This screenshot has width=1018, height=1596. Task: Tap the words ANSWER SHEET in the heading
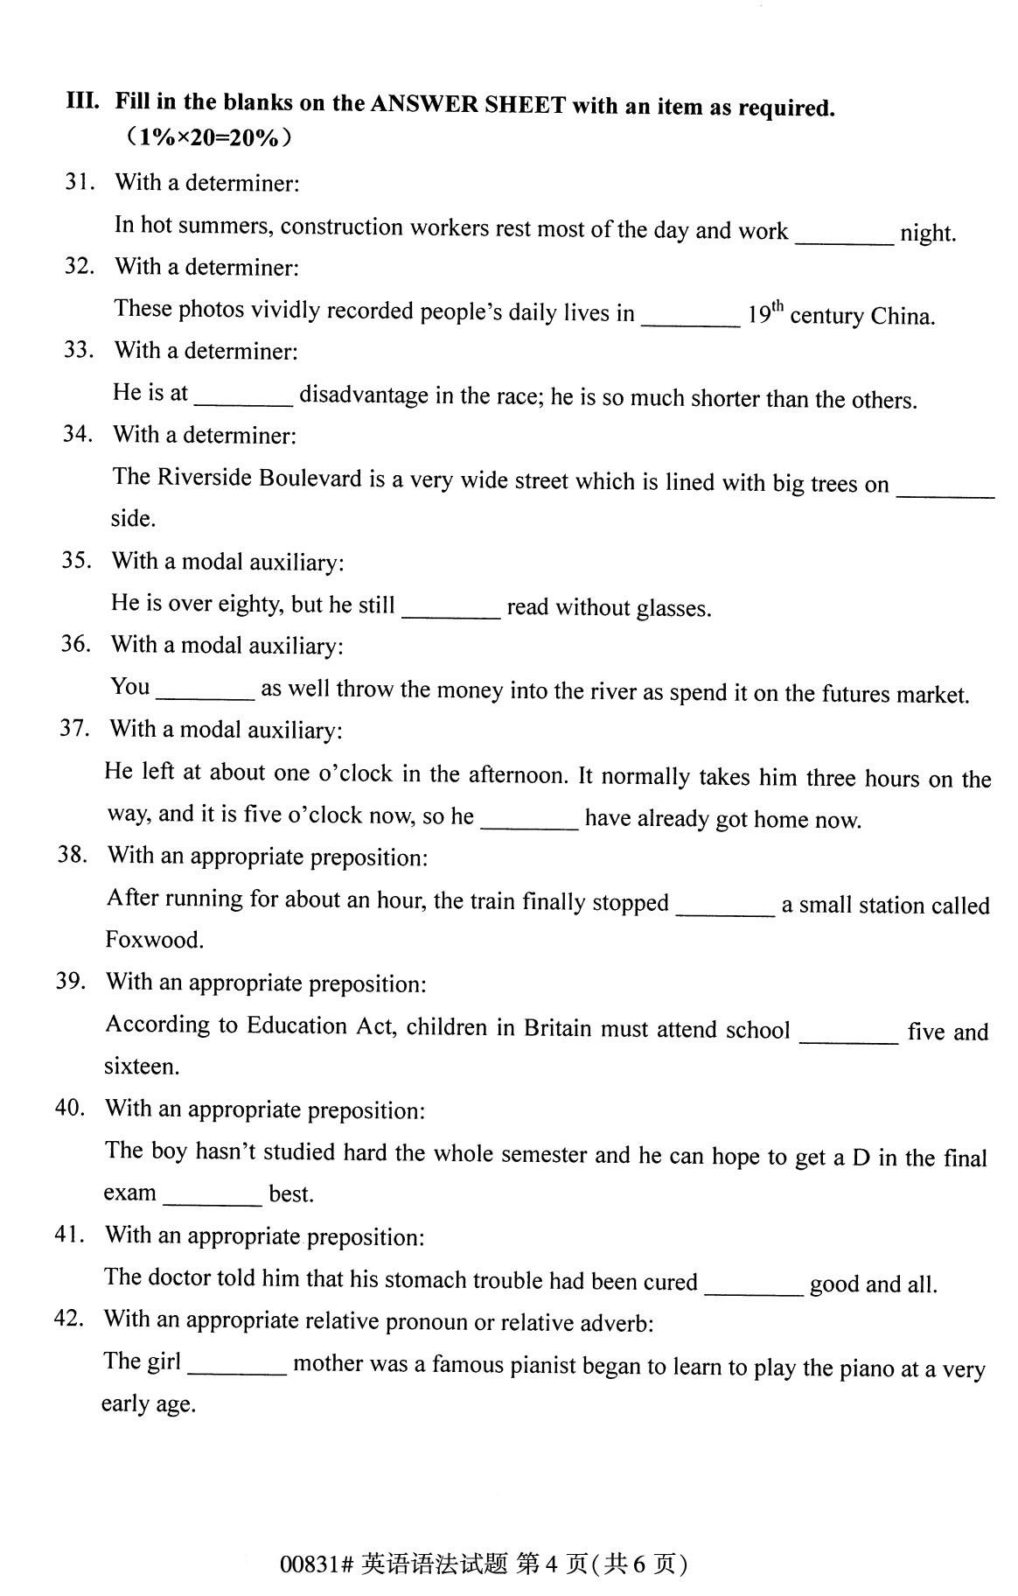[467, 105]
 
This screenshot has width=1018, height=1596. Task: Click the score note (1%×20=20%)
[207, 137]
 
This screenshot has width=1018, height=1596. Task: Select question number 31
[79, 182]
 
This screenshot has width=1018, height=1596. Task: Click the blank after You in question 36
[206, 689]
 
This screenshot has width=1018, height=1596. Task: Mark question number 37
[74, 728]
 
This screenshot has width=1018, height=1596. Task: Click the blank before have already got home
[529, 819]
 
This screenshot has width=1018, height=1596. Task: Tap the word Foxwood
[155, 940]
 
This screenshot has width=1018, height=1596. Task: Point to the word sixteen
[141, 1067]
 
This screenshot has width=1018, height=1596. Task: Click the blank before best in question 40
[213, 1195]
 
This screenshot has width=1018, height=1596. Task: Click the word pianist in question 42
[600, 1366]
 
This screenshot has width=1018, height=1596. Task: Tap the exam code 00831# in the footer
[316, 1564]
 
